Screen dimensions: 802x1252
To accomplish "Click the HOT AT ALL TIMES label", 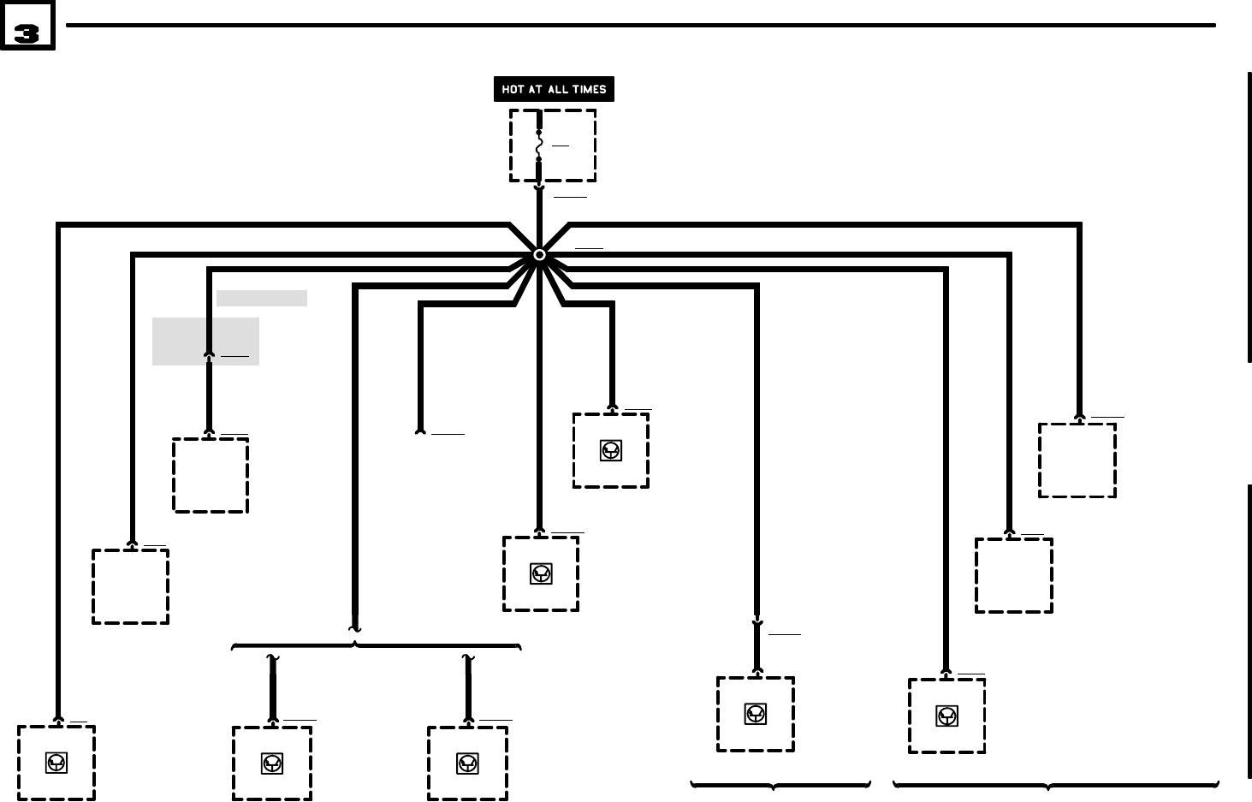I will point(554,89).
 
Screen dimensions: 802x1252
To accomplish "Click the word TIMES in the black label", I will point(590,89).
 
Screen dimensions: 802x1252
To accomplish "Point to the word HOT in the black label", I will point(513,89).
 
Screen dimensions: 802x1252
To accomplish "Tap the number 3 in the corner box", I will point(27,34).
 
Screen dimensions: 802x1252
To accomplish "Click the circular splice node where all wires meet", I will point(539,254).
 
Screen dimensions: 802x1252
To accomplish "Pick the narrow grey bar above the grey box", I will point(261,298).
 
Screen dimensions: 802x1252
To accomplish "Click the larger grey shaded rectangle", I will point(205,342).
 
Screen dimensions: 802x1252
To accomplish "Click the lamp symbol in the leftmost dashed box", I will point(56,762).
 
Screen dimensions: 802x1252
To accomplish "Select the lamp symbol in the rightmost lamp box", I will point(946,716).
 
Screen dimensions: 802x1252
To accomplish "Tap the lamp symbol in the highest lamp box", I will point(610,450).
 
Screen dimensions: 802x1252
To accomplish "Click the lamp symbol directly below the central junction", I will point(541,573).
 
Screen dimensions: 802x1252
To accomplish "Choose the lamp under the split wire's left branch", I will point(272,763).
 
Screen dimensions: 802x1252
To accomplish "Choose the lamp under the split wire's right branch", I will point(467,763).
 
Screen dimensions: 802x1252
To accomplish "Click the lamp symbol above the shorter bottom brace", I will point(755,714).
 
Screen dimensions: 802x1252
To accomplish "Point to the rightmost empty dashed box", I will point(1077,460).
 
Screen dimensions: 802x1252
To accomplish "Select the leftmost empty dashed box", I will point(130,586).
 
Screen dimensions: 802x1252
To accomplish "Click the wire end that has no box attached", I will point(420,431).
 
